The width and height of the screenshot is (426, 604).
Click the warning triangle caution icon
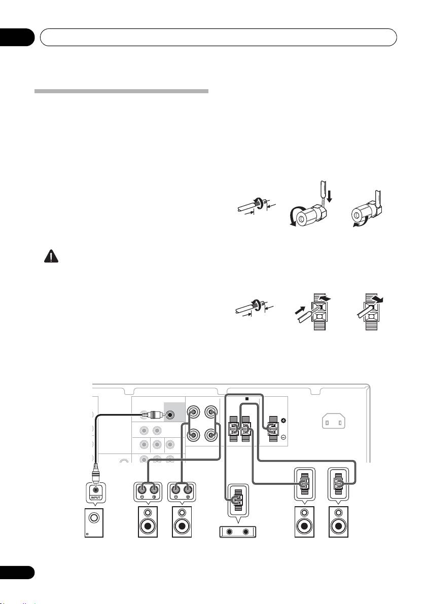51,257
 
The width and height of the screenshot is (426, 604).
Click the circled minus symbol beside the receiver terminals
283,436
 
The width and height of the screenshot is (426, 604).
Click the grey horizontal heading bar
121,92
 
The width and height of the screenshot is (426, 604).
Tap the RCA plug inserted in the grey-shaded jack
153,414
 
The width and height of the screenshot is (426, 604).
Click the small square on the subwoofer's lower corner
87,548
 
